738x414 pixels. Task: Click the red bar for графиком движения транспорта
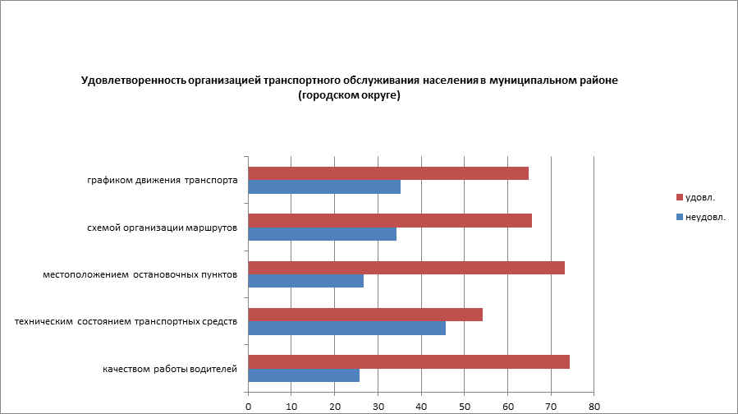tap(388, 173)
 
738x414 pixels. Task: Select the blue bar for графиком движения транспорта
tap(324, 187)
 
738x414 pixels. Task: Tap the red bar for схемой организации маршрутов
tap(390, 220)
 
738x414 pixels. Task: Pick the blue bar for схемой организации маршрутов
tap(322, 234)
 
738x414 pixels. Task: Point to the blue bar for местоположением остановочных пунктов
tap(305, 281)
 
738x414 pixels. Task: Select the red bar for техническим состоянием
tap(365, 315)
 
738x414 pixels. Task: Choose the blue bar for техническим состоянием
tap(346, 329)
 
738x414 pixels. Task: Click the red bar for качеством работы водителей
tap(409, 362)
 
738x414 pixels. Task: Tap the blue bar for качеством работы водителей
tap(304, 375)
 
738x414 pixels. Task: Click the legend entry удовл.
tap(699, 198)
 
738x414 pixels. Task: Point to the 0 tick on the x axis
tap(248, 406)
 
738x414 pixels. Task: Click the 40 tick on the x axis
tap(421, 406)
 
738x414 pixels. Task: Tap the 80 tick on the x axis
tap(594, 406)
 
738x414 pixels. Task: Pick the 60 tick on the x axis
tap(508, 406)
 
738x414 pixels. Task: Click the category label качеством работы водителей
tap(170, 369)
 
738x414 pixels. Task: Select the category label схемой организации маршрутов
tap(163, 228)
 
